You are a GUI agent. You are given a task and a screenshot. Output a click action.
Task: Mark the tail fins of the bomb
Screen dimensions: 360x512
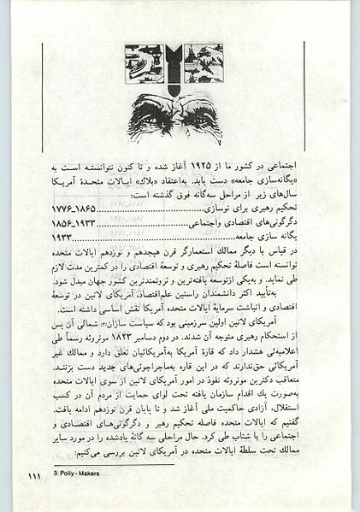[x=179, y=51]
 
